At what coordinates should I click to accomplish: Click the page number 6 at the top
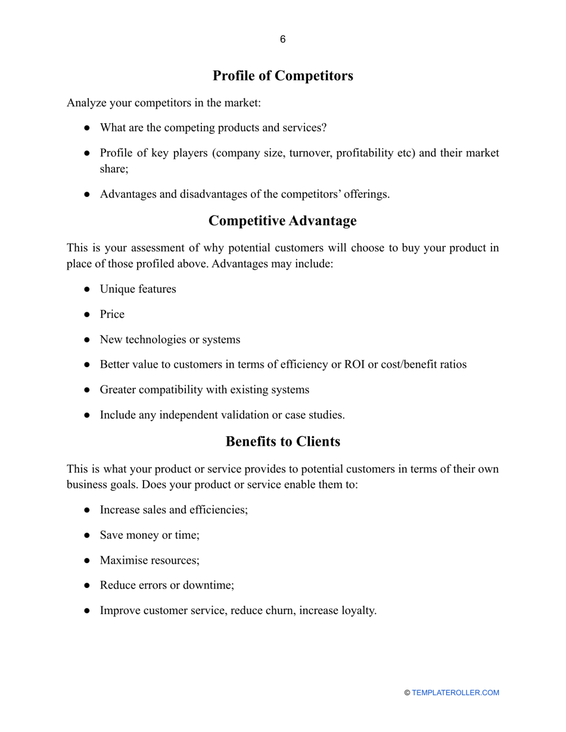282,40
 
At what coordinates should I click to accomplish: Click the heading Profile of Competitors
282,76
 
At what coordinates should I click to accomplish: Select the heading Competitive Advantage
282,221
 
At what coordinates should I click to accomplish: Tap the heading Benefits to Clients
282,442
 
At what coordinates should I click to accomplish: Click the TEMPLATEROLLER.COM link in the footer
455,693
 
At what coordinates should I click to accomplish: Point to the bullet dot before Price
87,315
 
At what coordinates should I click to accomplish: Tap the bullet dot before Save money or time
87,536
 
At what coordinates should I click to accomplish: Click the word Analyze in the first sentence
86,103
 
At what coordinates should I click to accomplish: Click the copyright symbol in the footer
408,693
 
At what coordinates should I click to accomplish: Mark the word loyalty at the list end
358,611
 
